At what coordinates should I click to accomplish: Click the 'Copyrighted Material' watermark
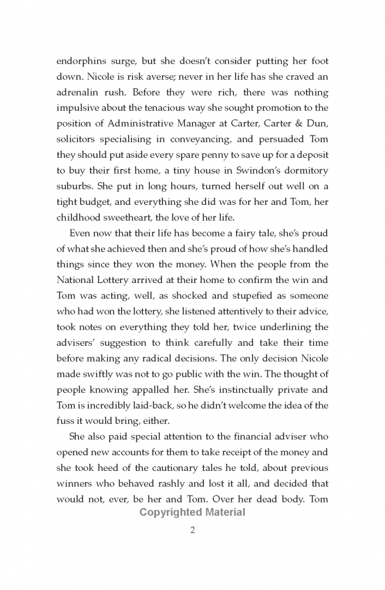(192, 512)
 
